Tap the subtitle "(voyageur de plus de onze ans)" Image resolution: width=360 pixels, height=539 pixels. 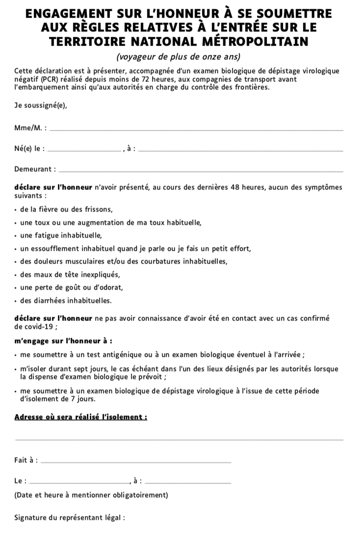coord(180,57)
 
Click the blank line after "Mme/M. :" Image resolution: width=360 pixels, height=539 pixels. coord(196,130)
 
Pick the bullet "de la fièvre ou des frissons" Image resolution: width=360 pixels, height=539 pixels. coord(67,209)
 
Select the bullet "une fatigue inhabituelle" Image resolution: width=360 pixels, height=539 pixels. coord(61,235)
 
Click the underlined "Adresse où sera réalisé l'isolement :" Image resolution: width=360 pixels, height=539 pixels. coord(81,417)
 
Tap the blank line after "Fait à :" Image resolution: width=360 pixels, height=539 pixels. coord(135,461)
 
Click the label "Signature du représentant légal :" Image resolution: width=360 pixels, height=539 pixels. coord(70,517)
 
